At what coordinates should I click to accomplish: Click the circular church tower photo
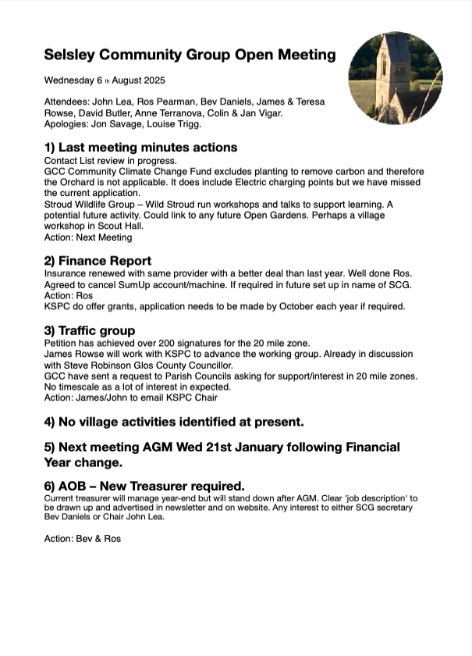(395, 79)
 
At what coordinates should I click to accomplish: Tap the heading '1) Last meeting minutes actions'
(140, 147)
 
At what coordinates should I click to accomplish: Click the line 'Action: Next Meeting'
(88, 237)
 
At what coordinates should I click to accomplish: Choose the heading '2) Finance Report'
(98, 261)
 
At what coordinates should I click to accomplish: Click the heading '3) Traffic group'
(90, 330)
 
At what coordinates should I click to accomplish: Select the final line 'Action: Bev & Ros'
(83, 539)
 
